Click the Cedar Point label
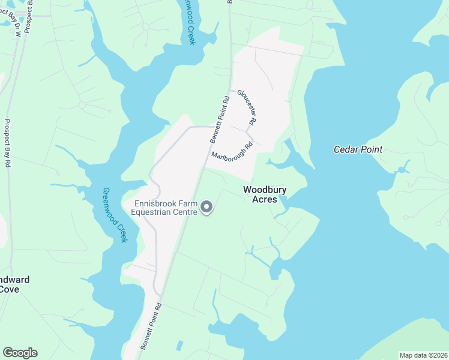click(358, 149)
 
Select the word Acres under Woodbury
click(265, 199)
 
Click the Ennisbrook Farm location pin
click(206, 208)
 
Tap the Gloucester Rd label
click(247, 107)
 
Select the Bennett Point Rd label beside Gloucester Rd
click(220, 119)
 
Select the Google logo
click(20, 353)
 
